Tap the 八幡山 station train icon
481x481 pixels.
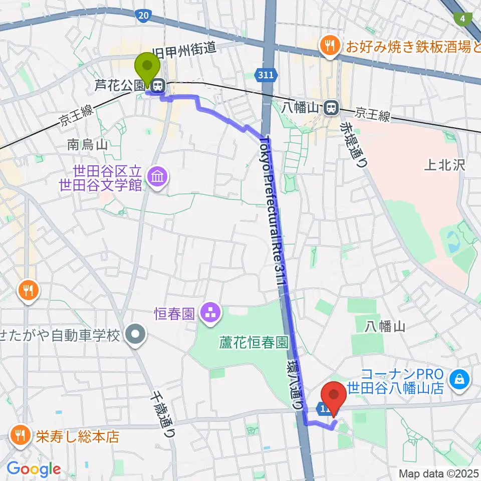pos(330,107)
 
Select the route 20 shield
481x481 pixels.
pos(143,17)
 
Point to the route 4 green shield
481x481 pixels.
pos(461,19)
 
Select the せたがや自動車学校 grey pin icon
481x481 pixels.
pos(134,335)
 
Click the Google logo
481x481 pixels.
pos(34,469)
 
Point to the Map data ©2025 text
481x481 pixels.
pos(439,473)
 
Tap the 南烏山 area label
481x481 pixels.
pos(87,145)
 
